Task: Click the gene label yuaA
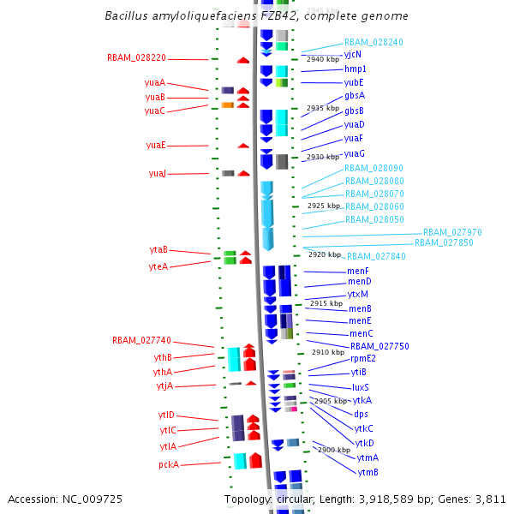click(x=155, y=82)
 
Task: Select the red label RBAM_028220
click(x=136, y=57)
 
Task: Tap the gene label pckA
click(x=169, y=464)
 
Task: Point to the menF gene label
click(x=358, y=271)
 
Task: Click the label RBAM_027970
click(x=452, y=232)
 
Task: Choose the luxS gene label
click(x=361, y=387)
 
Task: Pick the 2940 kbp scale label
click(x=323, y=59)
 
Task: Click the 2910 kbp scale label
click(x=328, y=352)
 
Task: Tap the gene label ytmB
click(x=368, y=472)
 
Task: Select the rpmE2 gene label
click(x=363, y=359)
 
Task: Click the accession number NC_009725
click(x=93, y=499)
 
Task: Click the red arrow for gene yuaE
click(x=243, y=146)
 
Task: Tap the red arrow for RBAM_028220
click(x=243, y=60)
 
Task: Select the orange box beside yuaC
click(x=228, y=105)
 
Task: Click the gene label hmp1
click(x=355, y=69)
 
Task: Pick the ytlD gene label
click(x=166, y=415)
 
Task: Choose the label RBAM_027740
click(x=141, y=340)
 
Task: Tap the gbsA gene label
click(x=355, y=95)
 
